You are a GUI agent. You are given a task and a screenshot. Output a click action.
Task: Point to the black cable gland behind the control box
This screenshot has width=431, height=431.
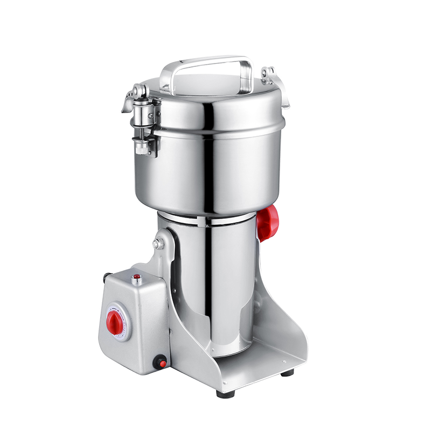coord(159,362)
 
